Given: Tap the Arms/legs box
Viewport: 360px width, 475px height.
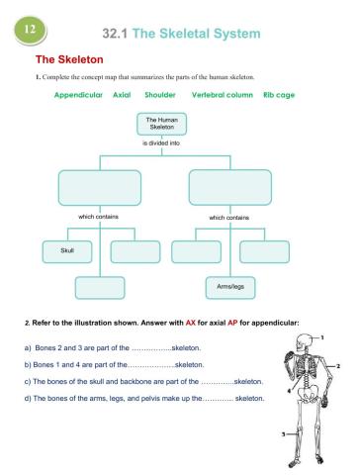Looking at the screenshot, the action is [222, 287].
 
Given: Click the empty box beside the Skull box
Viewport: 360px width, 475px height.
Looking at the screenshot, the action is [135, 252].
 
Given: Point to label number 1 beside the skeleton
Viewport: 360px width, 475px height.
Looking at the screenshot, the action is [326, 336].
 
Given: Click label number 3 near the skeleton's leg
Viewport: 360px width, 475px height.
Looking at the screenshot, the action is [283, 434].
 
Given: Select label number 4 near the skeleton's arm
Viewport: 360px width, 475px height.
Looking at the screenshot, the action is [288, 390].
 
